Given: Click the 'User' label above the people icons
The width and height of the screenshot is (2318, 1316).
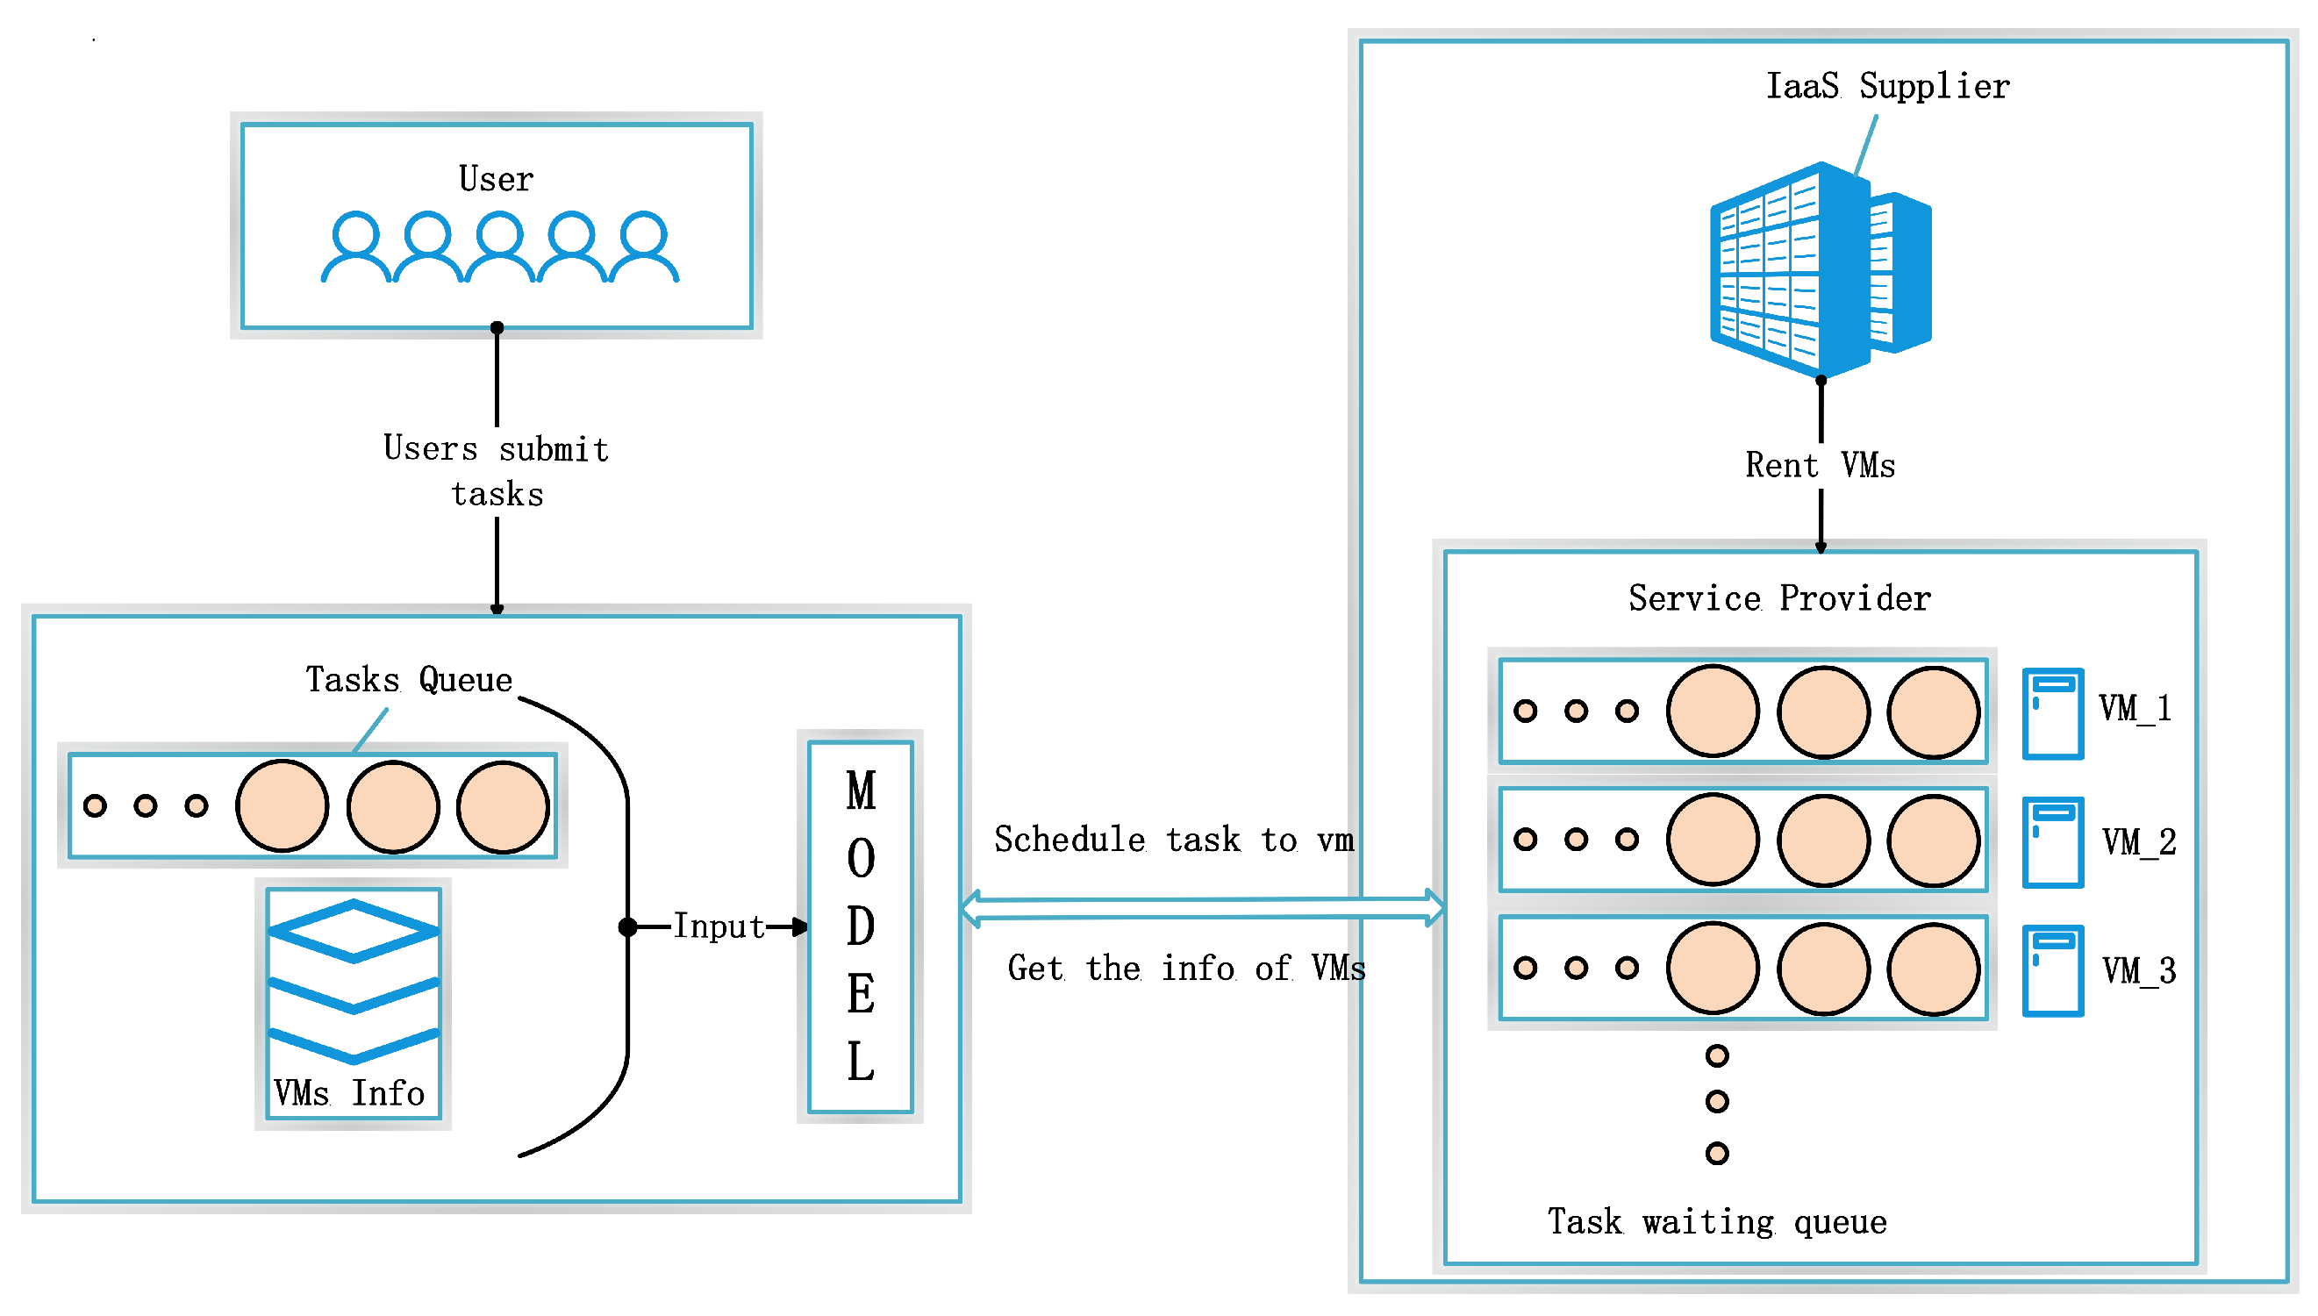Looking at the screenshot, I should [x=496, y=179].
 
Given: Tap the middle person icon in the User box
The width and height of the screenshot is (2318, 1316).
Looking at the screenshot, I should [x=499, y=247].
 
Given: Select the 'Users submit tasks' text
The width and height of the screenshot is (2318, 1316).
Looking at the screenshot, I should [x=496, y=471].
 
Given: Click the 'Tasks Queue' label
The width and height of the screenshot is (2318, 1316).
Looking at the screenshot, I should [x=409, y=680].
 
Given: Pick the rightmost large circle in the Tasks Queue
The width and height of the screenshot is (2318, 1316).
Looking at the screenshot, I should [x=503, y=807].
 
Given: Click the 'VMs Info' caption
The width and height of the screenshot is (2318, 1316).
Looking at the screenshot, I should [x=350, y=1094].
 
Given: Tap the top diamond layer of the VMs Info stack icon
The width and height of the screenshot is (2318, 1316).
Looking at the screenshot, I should [x=354, y=930].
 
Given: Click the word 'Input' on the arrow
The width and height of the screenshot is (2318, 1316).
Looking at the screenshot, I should [x=719, y=927].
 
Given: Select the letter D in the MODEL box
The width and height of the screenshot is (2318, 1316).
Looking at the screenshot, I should [x=861, y=927].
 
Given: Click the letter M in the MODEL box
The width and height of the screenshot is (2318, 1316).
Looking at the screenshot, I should [x=861, y=790].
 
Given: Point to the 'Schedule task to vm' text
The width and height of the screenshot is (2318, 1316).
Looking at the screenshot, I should [x=1174, y=840].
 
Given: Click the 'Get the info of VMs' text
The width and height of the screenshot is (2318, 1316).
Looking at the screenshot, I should [x=1185, y=969].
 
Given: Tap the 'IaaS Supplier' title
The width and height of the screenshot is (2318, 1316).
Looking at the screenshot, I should [x=1887, y=87].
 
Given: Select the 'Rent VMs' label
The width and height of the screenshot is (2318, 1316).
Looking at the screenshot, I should [x=1819, y=466].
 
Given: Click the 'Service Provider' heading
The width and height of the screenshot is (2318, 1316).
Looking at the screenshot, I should [x=1778, y=598].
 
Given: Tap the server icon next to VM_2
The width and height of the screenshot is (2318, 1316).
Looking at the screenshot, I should [x=2052, y=842].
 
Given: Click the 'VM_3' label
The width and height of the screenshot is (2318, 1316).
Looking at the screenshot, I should [x=2138, y=971].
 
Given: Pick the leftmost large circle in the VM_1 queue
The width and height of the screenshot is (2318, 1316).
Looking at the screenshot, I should [x=1713, y=712].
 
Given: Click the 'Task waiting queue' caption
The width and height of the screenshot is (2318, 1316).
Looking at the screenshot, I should [x=1716, y=1222].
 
